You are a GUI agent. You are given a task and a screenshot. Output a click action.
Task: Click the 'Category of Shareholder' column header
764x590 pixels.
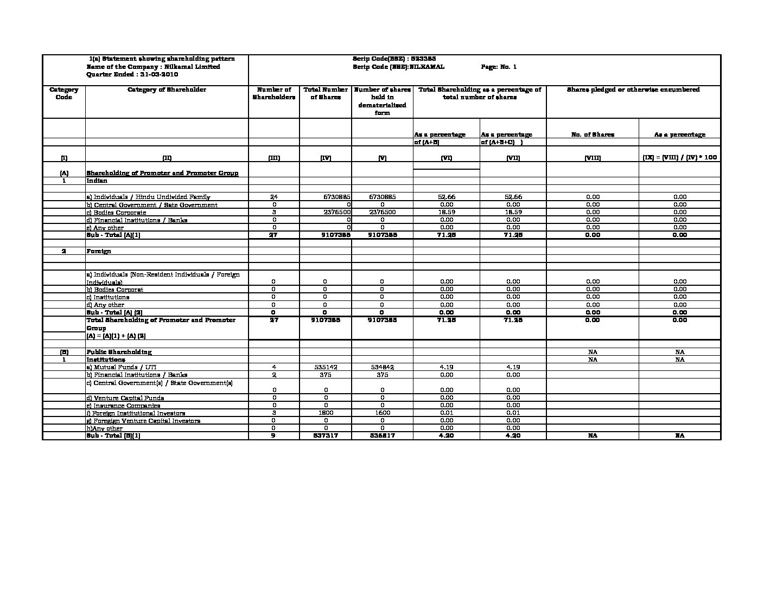pos(167,90)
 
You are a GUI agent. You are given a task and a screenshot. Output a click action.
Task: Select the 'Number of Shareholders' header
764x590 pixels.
pos(273,93)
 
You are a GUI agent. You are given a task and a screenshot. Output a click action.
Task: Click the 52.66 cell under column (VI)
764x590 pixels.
pos(446,197)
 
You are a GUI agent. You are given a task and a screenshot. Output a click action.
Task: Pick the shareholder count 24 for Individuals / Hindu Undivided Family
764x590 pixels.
pos(273,197)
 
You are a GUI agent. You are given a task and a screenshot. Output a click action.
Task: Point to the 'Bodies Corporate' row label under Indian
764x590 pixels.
pos(117,213)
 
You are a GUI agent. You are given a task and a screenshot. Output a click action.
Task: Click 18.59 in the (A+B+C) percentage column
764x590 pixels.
pos(513,212)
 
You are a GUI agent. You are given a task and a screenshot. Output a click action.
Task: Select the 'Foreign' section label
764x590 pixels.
pos(99,251)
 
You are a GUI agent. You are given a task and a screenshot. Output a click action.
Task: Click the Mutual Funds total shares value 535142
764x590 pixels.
pos(326,367)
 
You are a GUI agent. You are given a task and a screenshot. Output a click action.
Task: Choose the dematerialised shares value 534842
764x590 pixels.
pos(382,367)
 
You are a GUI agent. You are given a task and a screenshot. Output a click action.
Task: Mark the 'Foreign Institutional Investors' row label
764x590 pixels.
pos(136,413)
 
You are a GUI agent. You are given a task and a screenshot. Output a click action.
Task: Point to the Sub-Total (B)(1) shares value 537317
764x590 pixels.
pos(326,435)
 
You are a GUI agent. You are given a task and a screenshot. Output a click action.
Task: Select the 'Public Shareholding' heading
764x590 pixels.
pos(119,352)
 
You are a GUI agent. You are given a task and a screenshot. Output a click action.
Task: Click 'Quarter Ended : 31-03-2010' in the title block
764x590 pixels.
pos(132,74)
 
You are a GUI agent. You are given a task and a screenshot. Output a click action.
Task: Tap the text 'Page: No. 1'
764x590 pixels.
pos(499,67)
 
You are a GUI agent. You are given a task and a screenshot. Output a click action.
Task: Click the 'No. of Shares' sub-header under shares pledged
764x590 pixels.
pos(593,134)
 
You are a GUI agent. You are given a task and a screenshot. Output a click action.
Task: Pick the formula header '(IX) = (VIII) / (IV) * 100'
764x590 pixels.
pos(679,157)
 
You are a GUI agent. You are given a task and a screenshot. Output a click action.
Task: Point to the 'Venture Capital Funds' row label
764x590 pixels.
pos(125,398)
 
